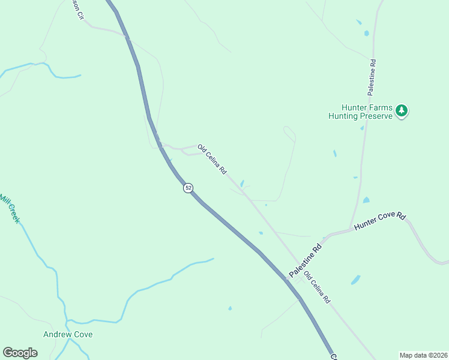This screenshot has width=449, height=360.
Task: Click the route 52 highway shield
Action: pos(188,188)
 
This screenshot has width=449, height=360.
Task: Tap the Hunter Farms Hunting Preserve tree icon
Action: pos(402,110)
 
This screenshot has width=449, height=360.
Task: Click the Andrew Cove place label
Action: pos(68,334)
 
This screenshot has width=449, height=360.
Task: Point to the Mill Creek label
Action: pos(10,208)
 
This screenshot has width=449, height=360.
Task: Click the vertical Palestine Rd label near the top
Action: pos(372,77)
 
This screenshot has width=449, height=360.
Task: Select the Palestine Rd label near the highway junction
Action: pos(306,260)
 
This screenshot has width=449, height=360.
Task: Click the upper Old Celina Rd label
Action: pos(212,159)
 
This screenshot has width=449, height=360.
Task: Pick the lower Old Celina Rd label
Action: pos(317,287)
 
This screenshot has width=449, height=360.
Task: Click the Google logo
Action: pos(20,353)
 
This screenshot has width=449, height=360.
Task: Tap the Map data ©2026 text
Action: pos(424,355)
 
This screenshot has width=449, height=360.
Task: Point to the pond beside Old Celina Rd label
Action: pos(242,184)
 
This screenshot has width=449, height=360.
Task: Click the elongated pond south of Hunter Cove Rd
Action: pos(356,280)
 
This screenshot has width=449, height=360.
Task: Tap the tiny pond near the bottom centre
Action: pos(230,308)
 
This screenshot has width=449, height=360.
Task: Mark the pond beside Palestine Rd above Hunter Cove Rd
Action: pos(366,200)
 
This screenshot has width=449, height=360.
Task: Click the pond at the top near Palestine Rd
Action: pos(366,33)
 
